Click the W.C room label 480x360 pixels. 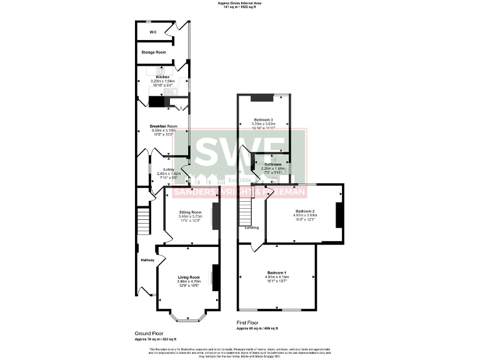tap(152, 32)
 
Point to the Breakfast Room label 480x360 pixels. tap(163, 126)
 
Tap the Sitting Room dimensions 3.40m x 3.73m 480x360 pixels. tap(191, 217)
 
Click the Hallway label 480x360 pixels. tap(147, 260)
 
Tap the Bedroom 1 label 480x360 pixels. tap(276, 273)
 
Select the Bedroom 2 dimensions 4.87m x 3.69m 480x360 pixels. tap(304, 216)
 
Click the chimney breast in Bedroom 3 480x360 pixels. tap(262, 97)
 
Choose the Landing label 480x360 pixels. tap(252, 227)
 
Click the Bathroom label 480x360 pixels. tap(272, 164)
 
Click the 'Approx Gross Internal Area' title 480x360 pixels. tap(239, 3)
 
